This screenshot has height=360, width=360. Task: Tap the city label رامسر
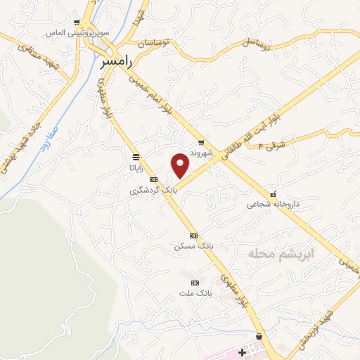116,63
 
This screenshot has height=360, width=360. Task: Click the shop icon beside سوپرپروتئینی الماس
77,22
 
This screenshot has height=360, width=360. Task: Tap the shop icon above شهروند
201,141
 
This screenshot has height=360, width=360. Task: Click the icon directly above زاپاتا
134,157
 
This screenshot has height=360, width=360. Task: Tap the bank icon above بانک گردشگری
154,180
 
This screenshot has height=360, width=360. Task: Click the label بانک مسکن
193,247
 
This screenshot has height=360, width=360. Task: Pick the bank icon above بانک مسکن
193,236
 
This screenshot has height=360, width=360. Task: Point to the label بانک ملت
195,292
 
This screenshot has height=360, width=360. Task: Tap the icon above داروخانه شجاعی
273,194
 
